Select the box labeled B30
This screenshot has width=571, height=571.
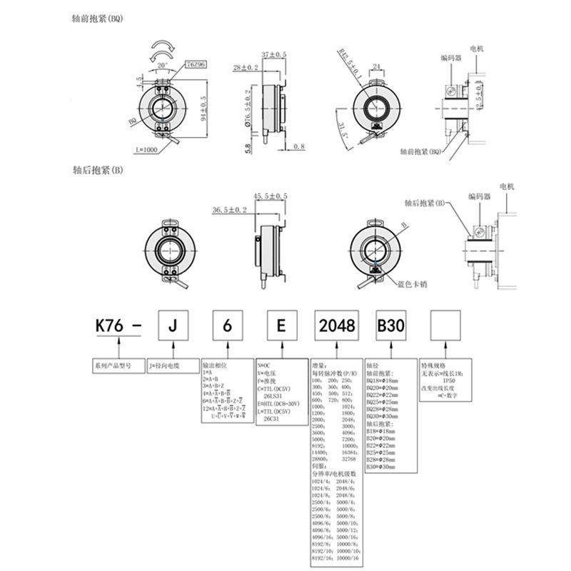point(390,326)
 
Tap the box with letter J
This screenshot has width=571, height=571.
point(171,326)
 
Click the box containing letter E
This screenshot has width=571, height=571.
point(281,326)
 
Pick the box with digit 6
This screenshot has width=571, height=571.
point(226,326)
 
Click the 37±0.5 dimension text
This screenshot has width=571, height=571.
point(273,54)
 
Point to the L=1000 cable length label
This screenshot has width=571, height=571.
point(145,149)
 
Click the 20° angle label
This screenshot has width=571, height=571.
point(163,64)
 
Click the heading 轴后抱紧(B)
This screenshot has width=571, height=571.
point(98,171)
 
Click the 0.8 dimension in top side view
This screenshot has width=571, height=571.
point(298,146)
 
